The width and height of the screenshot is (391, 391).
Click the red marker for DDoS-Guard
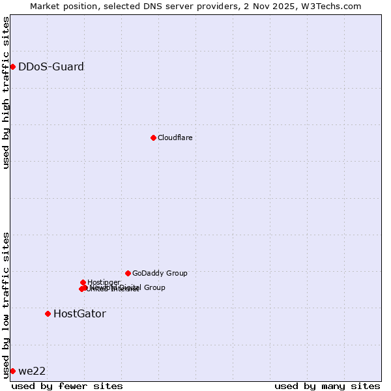pyautogui.click(x=12, y=66)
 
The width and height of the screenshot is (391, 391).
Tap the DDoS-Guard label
pyautogui.click(x=51, y=66)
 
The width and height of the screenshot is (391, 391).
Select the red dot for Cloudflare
pyautogui.click(x=153, y=138)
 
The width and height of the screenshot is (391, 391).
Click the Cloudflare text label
pyautogui.click(x=175, y=138)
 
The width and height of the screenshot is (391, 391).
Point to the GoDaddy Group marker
pyautogui.click(x=128, y=273)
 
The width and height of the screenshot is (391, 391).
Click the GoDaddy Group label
pyautogui.click(x=160, y=273)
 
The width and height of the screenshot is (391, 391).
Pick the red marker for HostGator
pyautogui.click(x=48, y=313)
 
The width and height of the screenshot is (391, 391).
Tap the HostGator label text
pyautogui.click(x=80, y=313)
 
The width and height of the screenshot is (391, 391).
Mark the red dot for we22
pyautogui.click(x=12, y=371)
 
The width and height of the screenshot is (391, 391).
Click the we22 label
pyautogui.click(x=32, y=371)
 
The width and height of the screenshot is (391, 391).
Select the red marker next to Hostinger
pyautogui.click(x=83, y=282)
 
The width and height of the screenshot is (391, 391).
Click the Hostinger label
pyautogui.click(x=104, y=282)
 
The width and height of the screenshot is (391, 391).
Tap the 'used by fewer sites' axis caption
pyautogui.click(x=67, y=386)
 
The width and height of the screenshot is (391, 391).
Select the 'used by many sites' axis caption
pyautogui.click(x=327, y=386)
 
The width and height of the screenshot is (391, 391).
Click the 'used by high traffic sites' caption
pyautogui.click(x=6, y=93)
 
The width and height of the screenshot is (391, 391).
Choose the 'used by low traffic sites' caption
pyautogui.click(x=6, y=305)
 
